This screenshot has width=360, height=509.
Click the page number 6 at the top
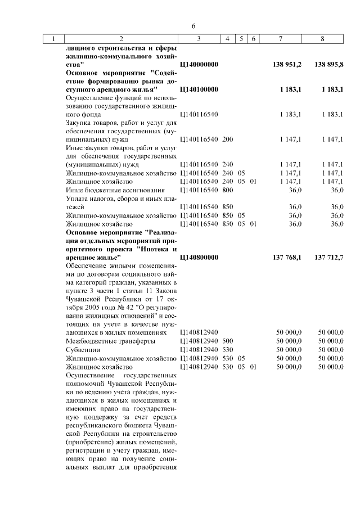click(193, 26)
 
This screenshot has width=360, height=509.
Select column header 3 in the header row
click(199, 39)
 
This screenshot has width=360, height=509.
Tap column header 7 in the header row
click(280, 39)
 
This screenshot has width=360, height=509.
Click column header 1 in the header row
click(53, 39)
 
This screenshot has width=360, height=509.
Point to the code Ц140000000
click(199, 65)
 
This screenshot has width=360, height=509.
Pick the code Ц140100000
click(199, 89)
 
